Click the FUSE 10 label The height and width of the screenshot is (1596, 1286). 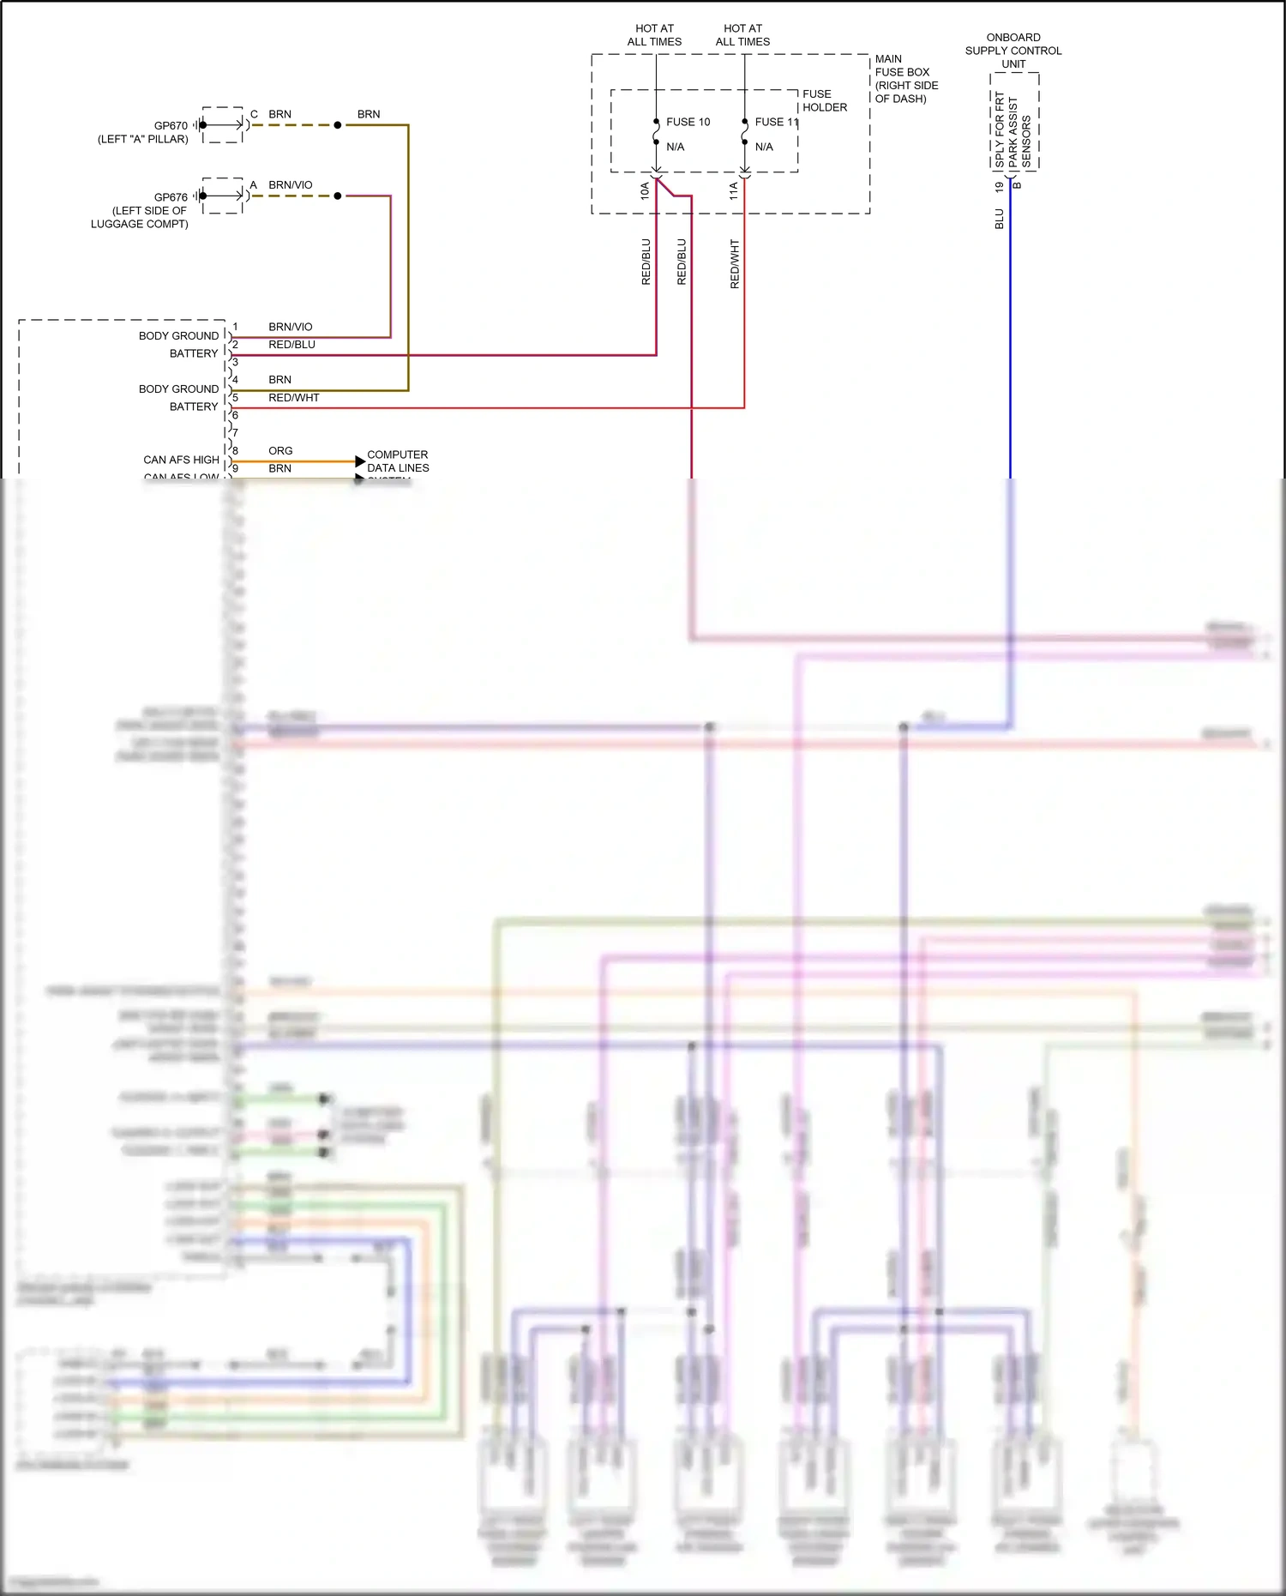point(688,122)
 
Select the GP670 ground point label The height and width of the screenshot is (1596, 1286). point(171,125)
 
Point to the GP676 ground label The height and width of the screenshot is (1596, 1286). point(171,197)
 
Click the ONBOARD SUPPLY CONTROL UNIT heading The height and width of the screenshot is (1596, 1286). point(1013,51)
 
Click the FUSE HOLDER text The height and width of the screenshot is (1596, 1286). point(824,100)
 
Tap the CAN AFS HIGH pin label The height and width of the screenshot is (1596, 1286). point(181,460)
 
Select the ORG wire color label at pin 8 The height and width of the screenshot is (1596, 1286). point(280,450)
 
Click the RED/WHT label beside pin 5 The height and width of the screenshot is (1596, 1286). point(293,397)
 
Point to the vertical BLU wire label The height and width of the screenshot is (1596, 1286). point(999,219)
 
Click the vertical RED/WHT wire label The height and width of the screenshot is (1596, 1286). point(735,263)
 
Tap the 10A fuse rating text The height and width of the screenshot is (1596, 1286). point(645,190)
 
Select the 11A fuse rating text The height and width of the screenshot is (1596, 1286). point(733,190)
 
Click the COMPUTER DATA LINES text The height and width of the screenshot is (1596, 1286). point(397,461)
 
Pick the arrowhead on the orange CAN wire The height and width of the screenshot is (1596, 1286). point(360,461)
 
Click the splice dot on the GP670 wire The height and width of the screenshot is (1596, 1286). point(338,125)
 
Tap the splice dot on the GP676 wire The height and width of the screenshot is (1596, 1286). point(338,196)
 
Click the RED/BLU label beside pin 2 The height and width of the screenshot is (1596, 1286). point(291,344)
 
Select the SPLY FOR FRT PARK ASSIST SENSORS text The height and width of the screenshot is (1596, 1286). point(1013,129)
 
